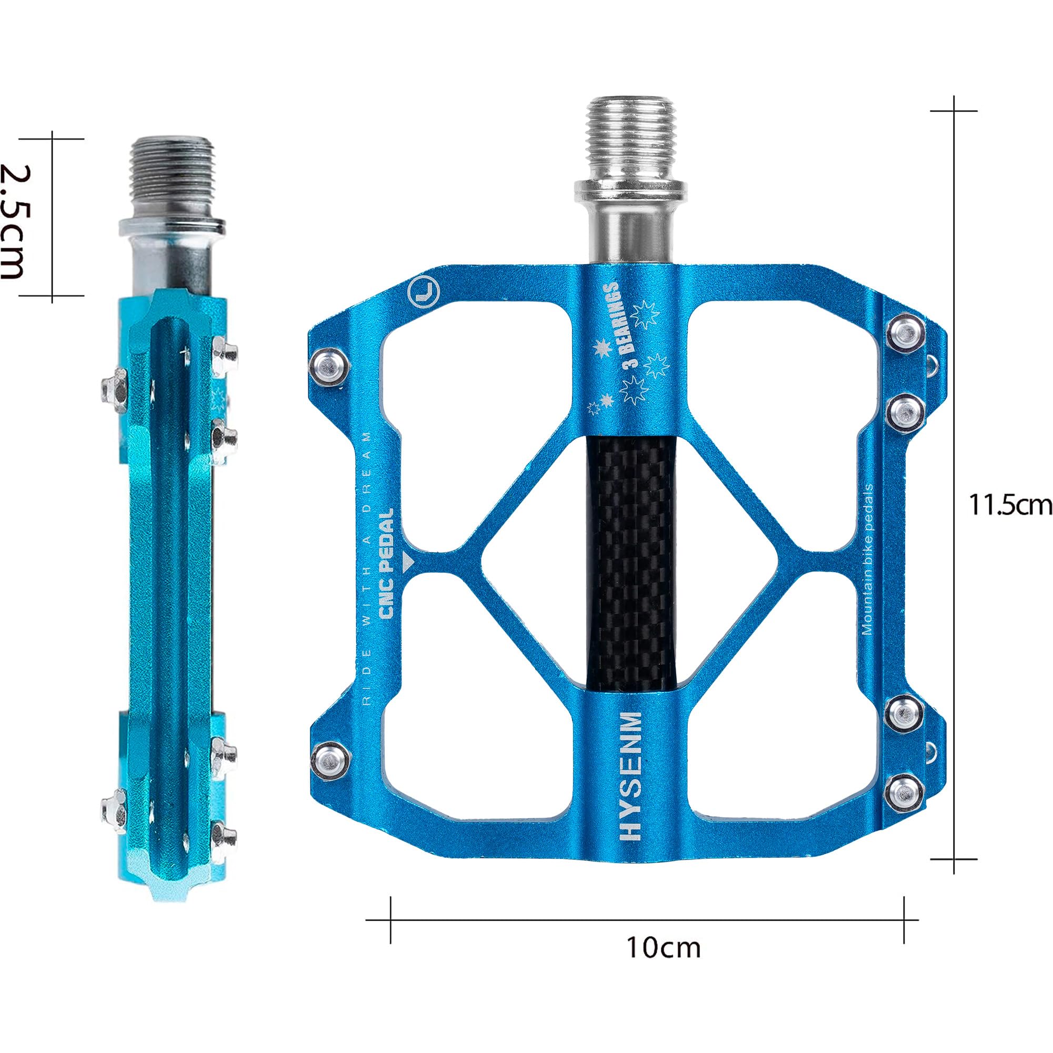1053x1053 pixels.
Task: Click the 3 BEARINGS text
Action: (617, 325)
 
